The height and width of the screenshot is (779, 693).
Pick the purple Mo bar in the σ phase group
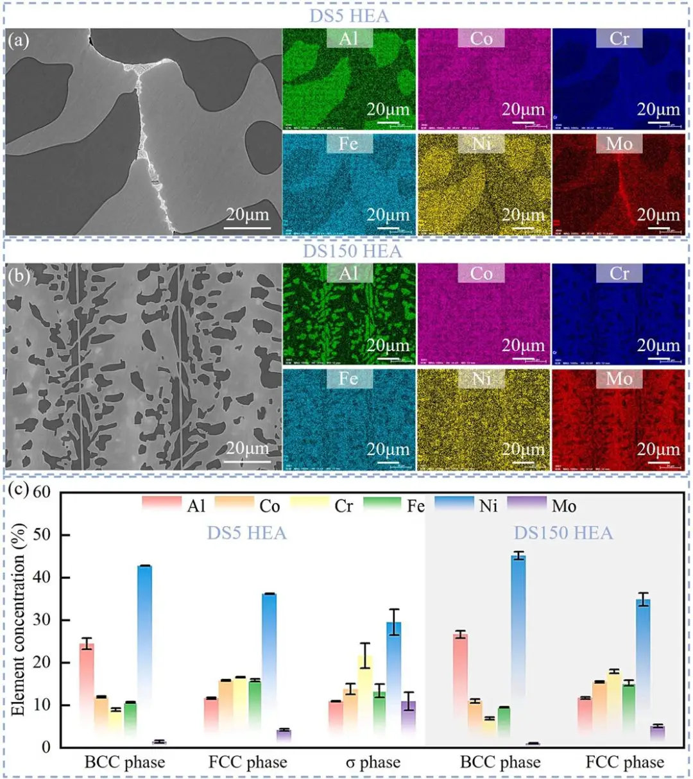409,722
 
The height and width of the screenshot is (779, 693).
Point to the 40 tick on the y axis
41,578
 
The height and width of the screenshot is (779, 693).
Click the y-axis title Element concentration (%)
19,619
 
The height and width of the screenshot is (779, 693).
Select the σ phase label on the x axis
373,762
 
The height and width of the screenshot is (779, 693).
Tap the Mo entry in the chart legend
563,506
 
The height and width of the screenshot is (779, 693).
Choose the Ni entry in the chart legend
488,506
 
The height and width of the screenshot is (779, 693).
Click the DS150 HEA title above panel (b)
352,250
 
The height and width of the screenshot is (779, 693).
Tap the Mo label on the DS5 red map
619,143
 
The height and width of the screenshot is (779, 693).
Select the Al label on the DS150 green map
348,273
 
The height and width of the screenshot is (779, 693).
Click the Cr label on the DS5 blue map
619,39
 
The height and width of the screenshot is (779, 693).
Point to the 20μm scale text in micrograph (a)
247,214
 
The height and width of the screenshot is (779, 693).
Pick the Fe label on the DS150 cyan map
348,379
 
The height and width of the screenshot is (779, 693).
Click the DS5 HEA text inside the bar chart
246,533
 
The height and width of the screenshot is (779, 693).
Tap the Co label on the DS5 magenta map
481,39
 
